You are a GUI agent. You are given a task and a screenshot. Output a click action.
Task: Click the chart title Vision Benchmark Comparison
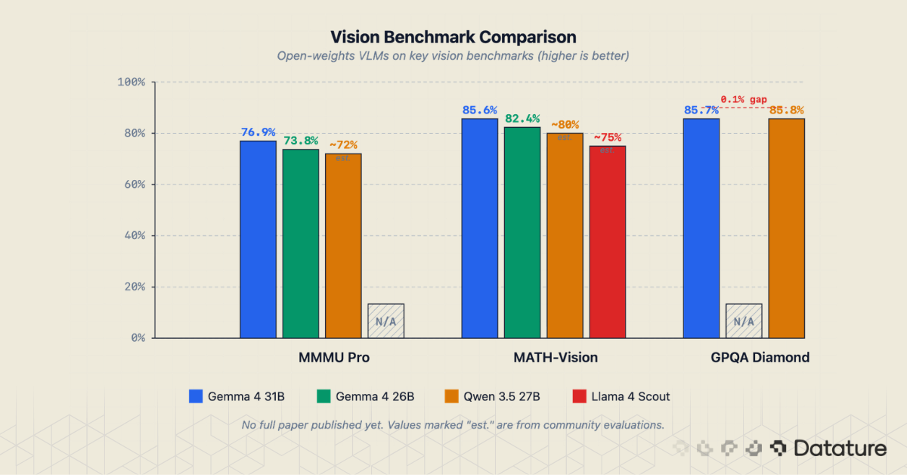[453, 37]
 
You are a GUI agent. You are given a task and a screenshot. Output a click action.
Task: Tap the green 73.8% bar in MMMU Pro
[301, 243]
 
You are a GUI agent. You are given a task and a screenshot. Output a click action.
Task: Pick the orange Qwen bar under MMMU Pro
[343, 245]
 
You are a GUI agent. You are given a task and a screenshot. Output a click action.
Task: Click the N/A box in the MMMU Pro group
[385, 321]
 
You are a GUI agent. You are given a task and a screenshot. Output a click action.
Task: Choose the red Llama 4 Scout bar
[608, 241]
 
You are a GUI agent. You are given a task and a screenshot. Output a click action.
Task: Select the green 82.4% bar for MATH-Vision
[522, 232]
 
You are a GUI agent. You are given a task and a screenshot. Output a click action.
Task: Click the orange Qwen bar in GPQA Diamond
[786, 228]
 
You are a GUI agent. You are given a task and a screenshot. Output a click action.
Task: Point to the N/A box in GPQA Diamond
[744, 321]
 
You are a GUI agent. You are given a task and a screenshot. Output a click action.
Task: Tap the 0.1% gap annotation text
[744, 99]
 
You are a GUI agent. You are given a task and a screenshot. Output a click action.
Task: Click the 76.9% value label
[258, 132]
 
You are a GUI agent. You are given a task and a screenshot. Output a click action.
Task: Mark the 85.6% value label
[479, 110]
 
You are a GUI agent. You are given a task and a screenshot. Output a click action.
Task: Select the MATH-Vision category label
[544, 358]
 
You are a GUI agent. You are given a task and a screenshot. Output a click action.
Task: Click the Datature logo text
[840, 449]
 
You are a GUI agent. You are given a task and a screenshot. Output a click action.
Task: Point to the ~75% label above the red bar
[607, 138]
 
